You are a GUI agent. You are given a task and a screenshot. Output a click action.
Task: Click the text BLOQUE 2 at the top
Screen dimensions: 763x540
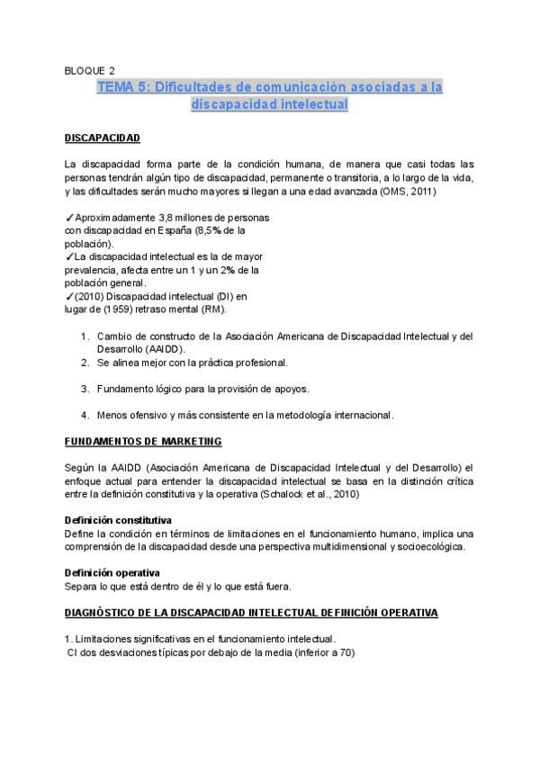click(90, 69)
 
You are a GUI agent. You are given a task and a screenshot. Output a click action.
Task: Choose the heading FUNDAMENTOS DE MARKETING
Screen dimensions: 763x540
click(143, 442)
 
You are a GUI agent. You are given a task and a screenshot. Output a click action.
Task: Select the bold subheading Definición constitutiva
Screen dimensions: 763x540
click(118, 521)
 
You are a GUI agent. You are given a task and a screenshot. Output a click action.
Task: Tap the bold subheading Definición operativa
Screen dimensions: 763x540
click(112, 573)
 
